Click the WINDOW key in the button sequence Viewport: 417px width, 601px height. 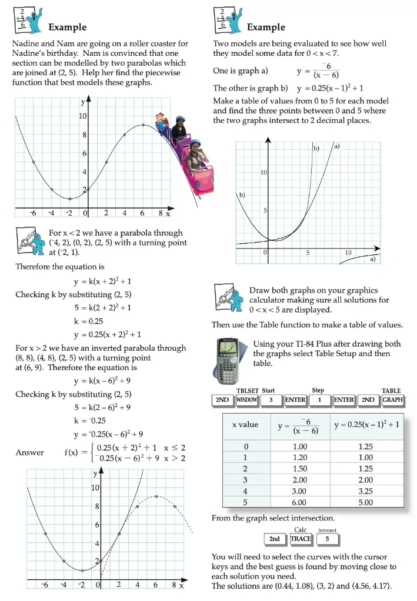pos(247,400)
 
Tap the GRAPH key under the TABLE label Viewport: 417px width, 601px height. pos(393,400)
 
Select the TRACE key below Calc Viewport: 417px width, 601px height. pos(301,538)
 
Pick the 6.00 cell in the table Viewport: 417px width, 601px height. pos(299,502)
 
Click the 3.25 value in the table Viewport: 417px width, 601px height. pos(365,491)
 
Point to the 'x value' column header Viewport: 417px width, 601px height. pos(245,424)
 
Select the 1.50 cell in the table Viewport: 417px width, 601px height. pos(299,469)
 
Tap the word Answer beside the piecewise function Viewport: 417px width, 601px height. pos(29,452)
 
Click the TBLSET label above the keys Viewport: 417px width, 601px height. pos(248,391)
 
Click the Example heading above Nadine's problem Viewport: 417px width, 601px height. pos(67,27)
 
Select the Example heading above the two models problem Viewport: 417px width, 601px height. pos(266,27)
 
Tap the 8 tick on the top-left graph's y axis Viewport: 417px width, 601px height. pos(84,135)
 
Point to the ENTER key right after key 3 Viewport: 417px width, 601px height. pos(295,400)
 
